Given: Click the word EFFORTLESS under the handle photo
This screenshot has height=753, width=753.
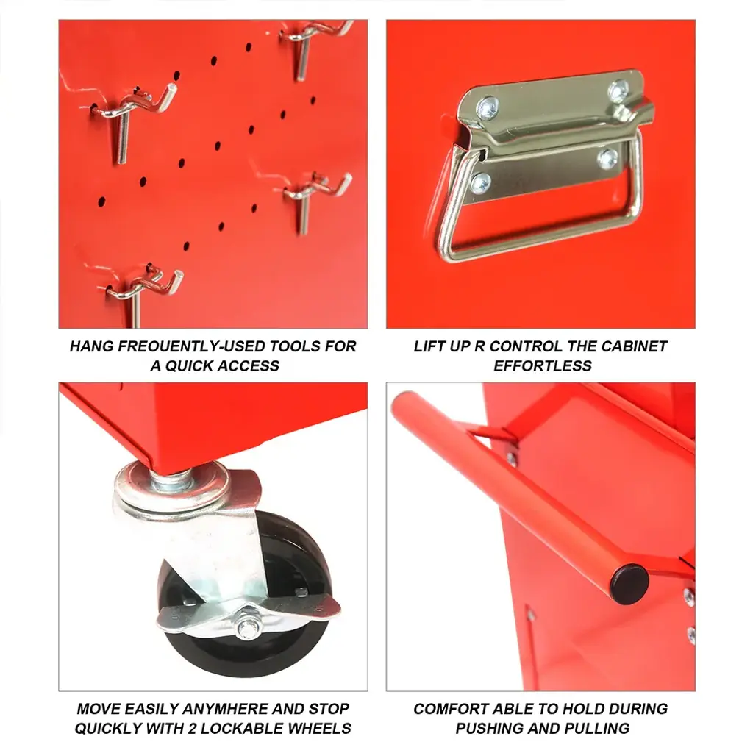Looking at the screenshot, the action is click(x=543, y=366).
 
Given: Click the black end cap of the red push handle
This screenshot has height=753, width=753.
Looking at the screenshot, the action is click(x=629, y=585).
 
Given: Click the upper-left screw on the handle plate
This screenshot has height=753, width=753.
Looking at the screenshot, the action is click(x=488, y=109).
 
